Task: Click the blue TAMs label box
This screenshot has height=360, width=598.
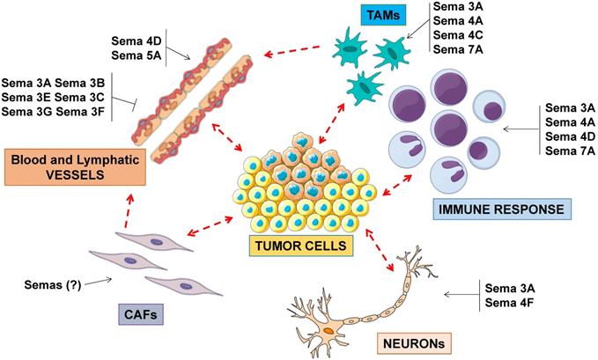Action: click(x=383, y=15)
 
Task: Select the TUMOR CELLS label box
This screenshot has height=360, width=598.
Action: click(x=301, y=246)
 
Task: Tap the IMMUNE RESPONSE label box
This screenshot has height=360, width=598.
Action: click(x=502, y=209)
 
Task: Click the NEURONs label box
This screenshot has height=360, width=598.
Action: click(x=414, y=343)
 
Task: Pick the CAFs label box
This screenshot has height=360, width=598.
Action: click(x=141, y=314)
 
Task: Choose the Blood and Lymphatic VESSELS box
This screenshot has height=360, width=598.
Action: click(x=75, y=167)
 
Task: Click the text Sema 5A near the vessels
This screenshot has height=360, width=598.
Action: click(x=137, y=55)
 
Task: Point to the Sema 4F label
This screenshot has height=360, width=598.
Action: click(x=510, y=303)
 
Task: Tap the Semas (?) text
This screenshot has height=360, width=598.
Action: click(x=53, y=285)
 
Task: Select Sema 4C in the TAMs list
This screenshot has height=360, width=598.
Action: click(x=458, y=35)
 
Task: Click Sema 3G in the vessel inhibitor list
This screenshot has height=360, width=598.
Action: click(x=26, y=112)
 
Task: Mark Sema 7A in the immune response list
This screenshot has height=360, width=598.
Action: click(x=570, y=151)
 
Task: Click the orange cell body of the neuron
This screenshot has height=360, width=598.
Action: click(x=328, y=331)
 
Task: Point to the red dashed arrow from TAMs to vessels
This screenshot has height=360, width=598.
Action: click(x=292, y=51)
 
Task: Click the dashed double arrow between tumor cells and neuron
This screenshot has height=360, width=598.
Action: click(x=379, y=250)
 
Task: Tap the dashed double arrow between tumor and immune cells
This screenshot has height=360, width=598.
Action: click(x=397, y=186)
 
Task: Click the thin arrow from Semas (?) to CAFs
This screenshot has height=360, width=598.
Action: click(x=98, y=282)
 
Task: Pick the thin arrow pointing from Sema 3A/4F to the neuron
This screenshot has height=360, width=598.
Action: click(x=461, y=294)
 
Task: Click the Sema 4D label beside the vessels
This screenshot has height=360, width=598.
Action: click(x=137, y=41)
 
